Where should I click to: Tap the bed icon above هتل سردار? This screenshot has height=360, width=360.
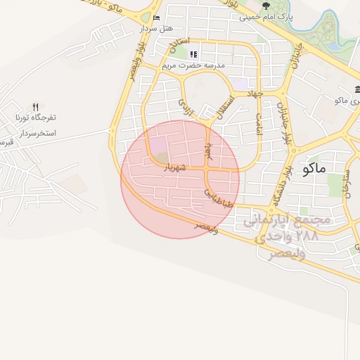(156, 18)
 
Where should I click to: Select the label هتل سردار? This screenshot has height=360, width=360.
(156, 28)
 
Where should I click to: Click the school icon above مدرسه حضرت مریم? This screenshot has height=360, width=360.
(193, 54)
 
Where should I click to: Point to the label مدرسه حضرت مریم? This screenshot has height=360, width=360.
(193, 65)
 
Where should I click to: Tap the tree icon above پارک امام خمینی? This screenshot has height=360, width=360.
(266, 6)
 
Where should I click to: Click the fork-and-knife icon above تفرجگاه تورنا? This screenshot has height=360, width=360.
(36, 106)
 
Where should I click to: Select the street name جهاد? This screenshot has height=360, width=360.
(255, 94)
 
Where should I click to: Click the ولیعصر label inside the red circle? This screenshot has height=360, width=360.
(206, 228)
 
